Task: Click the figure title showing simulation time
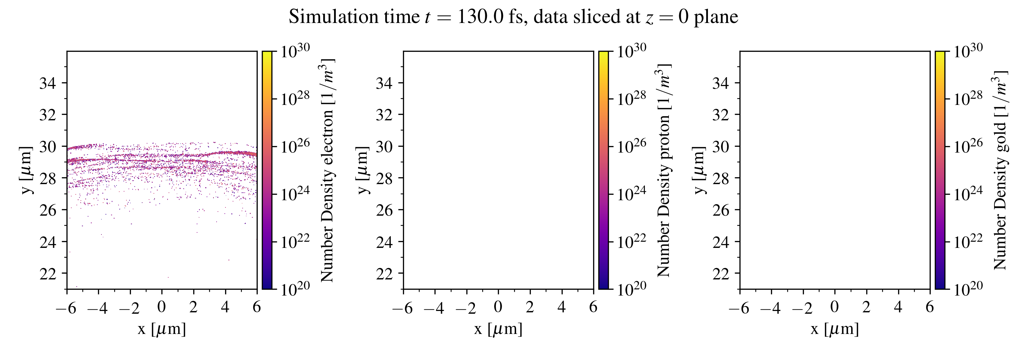point(513,17)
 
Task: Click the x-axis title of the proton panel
point(498,329)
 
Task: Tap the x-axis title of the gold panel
point(834,329)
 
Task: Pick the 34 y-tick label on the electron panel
point(48,83)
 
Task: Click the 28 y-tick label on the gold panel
point(721,178)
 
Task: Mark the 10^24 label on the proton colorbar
point(631,194)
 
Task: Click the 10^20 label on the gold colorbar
point(968,289)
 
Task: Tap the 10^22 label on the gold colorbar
point(968,241)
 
